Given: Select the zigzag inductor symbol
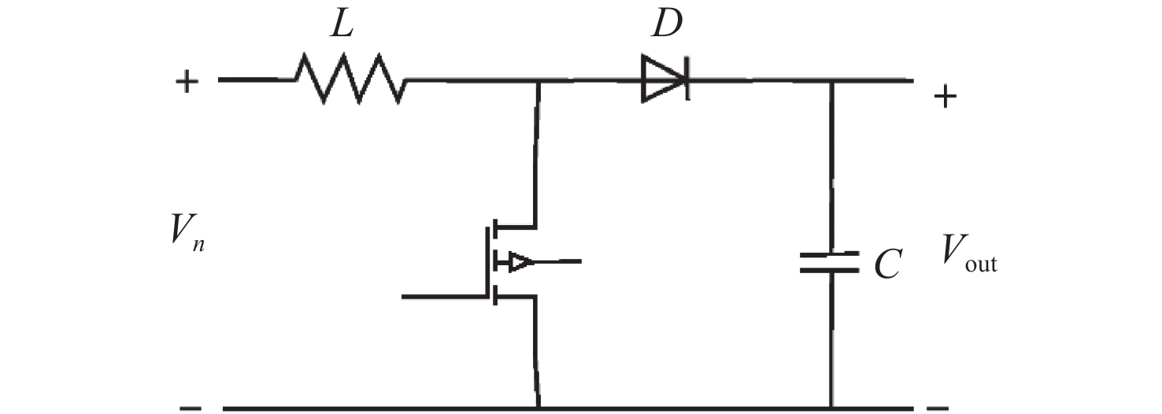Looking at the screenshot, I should point(350,79).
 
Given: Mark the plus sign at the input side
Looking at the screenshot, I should point(187,81).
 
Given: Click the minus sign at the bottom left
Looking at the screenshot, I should point(189,408).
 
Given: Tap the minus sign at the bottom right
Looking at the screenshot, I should point(937,408).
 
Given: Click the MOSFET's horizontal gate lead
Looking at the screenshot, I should point(445,297).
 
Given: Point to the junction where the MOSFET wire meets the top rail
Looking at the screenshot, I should point(538,80).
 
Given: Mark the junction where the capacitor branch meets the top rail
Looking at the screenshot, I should point(831,80).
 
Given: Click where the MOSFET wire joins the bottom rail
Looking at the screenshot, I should point(538,408).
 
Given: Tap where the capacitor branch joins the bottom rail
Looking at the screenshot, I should point(831,408).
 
